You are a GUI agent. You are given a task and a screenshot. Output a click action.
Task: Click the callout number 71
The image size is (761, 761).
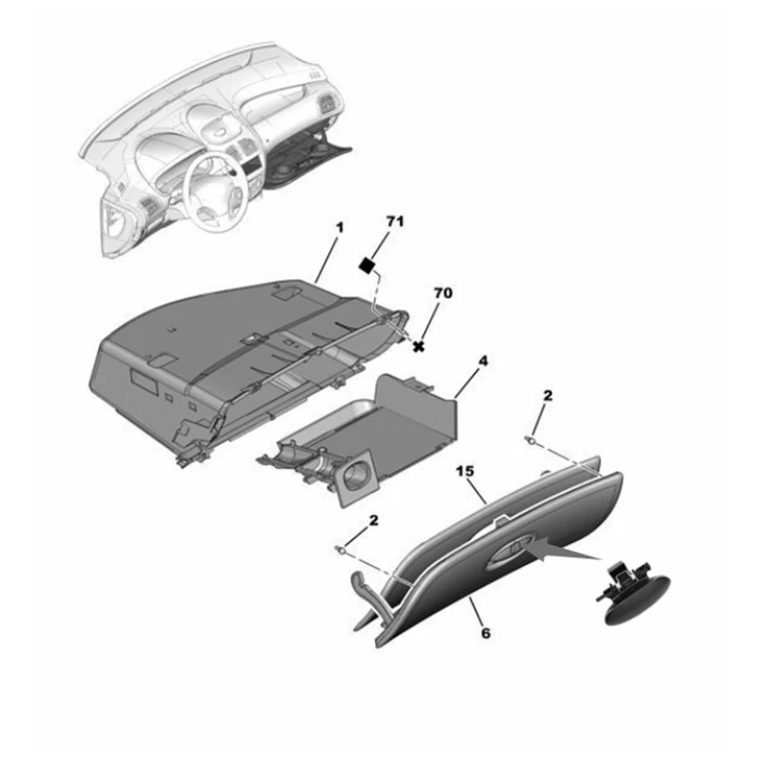point(395,222)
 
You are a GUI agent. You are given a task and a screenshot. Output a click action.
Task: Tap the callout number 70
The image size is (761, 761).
point(444,294)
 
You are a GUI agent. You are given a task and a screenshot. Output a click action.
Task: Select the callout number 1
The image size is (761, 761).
point(338,229)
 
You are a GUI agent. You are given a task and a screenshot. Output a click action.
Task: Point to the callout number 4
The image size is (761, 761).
point(482,362)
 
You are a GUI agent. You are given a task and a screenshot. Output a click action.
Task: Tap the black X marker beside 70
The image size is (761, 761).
point(419,346)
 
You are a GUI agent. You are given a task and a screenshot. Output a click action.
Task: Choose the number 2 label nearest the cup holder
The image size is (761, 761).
point(373,520)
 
